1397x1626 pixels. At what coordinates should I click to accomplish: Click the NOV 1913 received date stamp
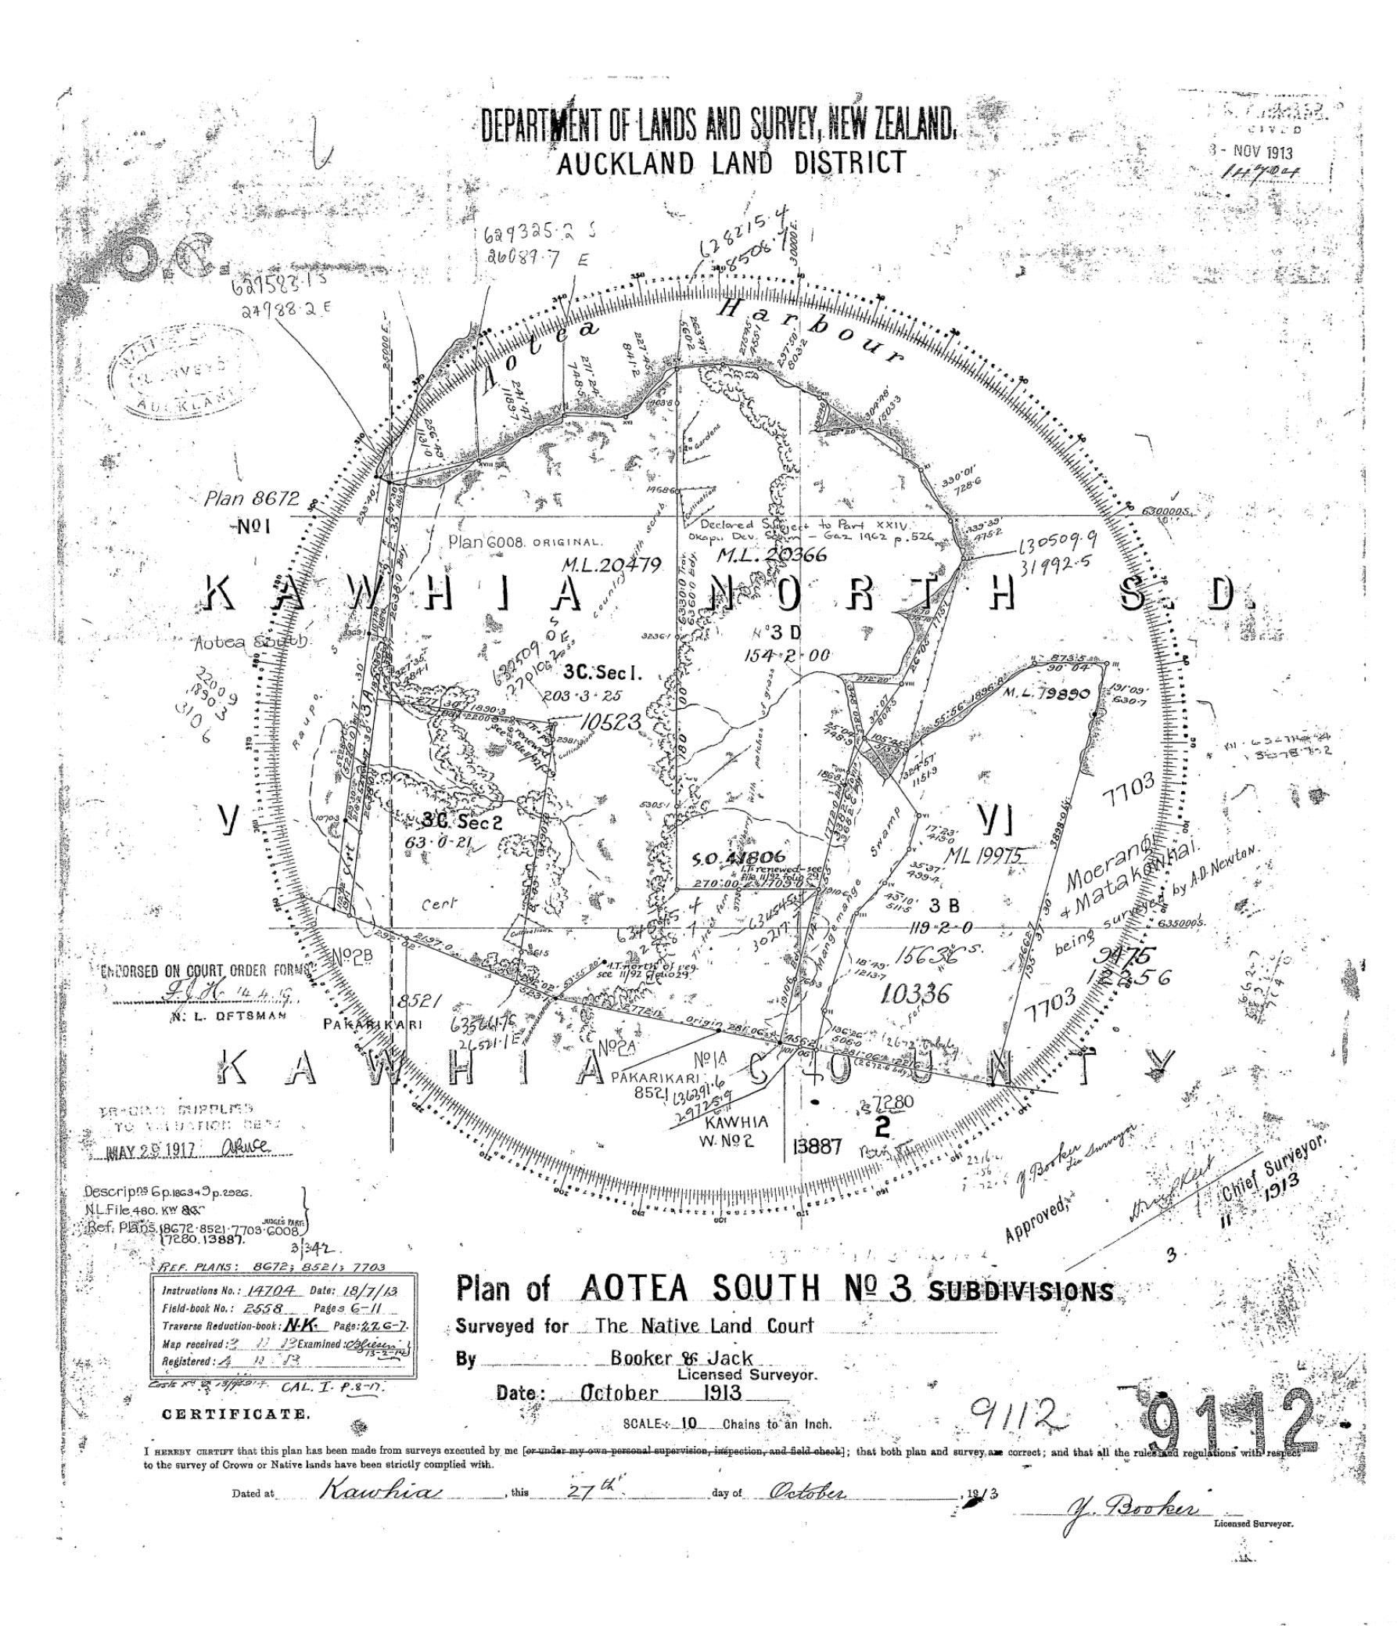pyautogui.click(x=1252, y=153)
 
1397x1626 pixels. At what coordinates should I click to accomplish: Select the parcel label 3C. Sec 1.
pyautogui.click(x=602, y=673)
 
